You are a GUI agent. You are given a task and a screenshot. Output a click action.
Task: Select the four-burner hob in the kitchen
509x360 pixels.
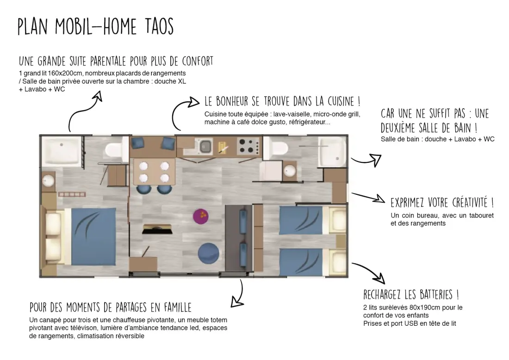tap(248, 146)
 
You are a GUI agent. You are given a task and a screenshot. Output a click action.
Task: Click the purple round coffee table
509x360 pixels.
tap(201, 216)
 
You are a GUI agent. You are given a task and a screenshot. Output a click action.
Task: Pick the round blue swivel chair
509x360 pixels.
tap(208, 253)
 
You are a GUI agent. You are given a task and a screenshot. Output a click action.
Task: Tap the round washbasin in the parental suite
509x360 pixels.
tap(49, 180)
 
